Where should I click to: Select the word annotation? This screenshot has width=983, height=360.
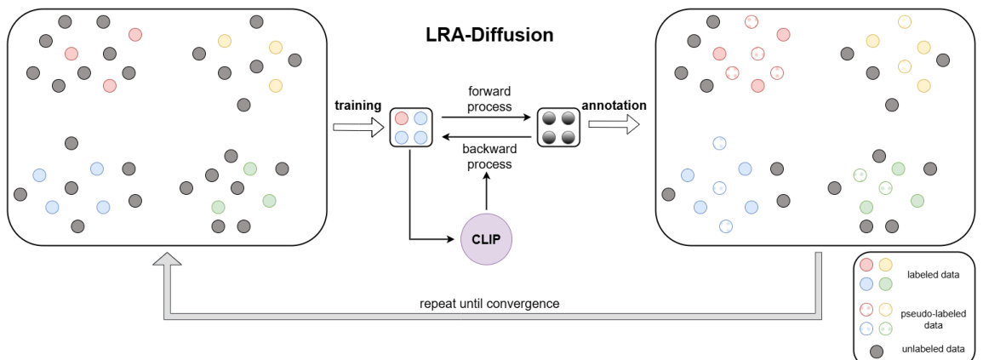coord(614,106)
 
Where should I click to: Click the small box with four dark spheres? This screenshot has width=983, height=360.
coord(557,127)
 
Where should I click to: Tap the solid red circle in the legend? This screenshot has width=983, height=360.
coord(866,266)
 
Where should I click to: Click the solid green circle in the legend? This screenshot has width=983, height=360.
coord(885,283)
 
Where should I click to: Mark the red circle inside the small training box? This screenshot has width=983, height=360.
coord(401,118)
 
